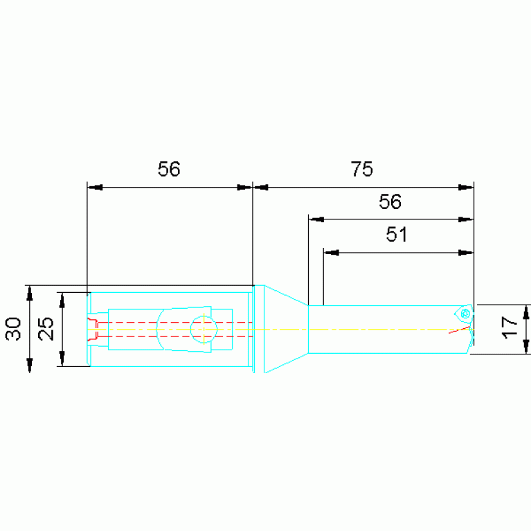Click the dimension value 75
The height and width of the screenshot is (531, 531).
coord(361,169)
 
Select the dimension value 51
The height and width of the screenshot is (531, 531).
coord(397,234)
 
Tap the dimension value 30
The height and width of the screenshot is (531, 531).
coord(13,328)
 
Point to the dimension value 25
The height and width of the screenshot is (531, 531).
coord(46,328)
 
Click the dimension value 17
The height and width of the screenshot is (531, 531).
coord(509,327)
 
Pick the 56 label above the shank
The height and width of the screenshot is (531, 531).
coord(169,169)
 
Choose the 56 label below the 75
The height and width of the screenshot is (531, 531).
coord(390,201)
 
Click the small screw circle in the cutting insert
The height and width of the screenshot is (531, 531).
coord(465,314)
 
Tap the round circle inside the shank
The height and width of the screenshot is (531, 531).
coord(204,329)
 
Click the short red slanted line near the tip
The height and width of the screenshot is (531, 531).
coord(460,330)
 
